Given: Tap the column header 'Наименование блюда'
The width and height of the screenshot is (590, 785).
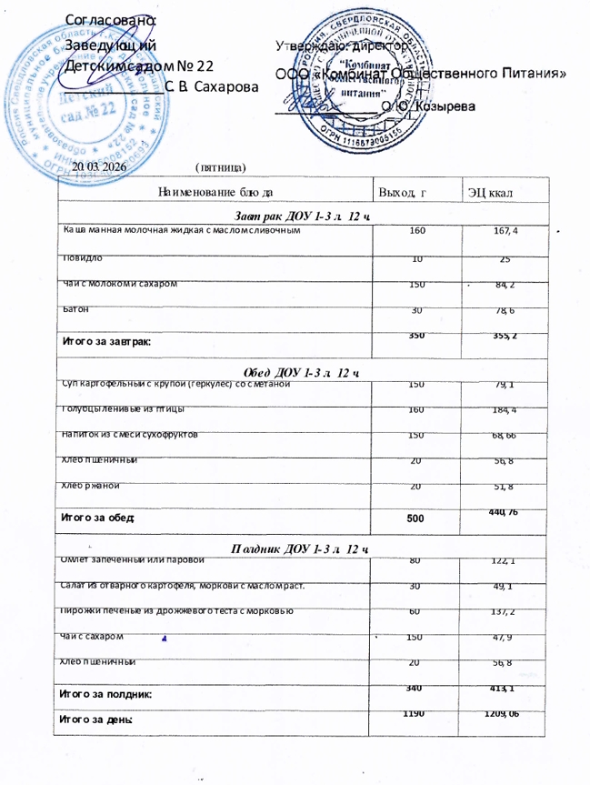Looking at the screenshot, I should pos(215,192).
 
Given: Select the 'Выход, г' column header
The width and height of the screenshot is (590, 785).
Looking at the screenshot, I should pos(402,192).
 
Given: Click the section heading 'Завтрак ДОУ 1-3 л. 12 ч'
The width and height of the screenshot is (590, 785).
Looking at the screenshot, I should pos(305,213).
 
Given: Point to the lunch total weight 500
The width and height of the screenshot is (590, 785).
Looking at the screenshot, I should pos(416,518).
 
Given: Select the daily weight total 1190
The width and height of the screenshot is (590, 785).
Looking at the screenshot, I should pos(416,712).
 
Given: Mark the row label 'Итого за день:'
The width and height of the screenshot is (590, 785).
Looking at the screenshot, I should pos(96,719).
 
